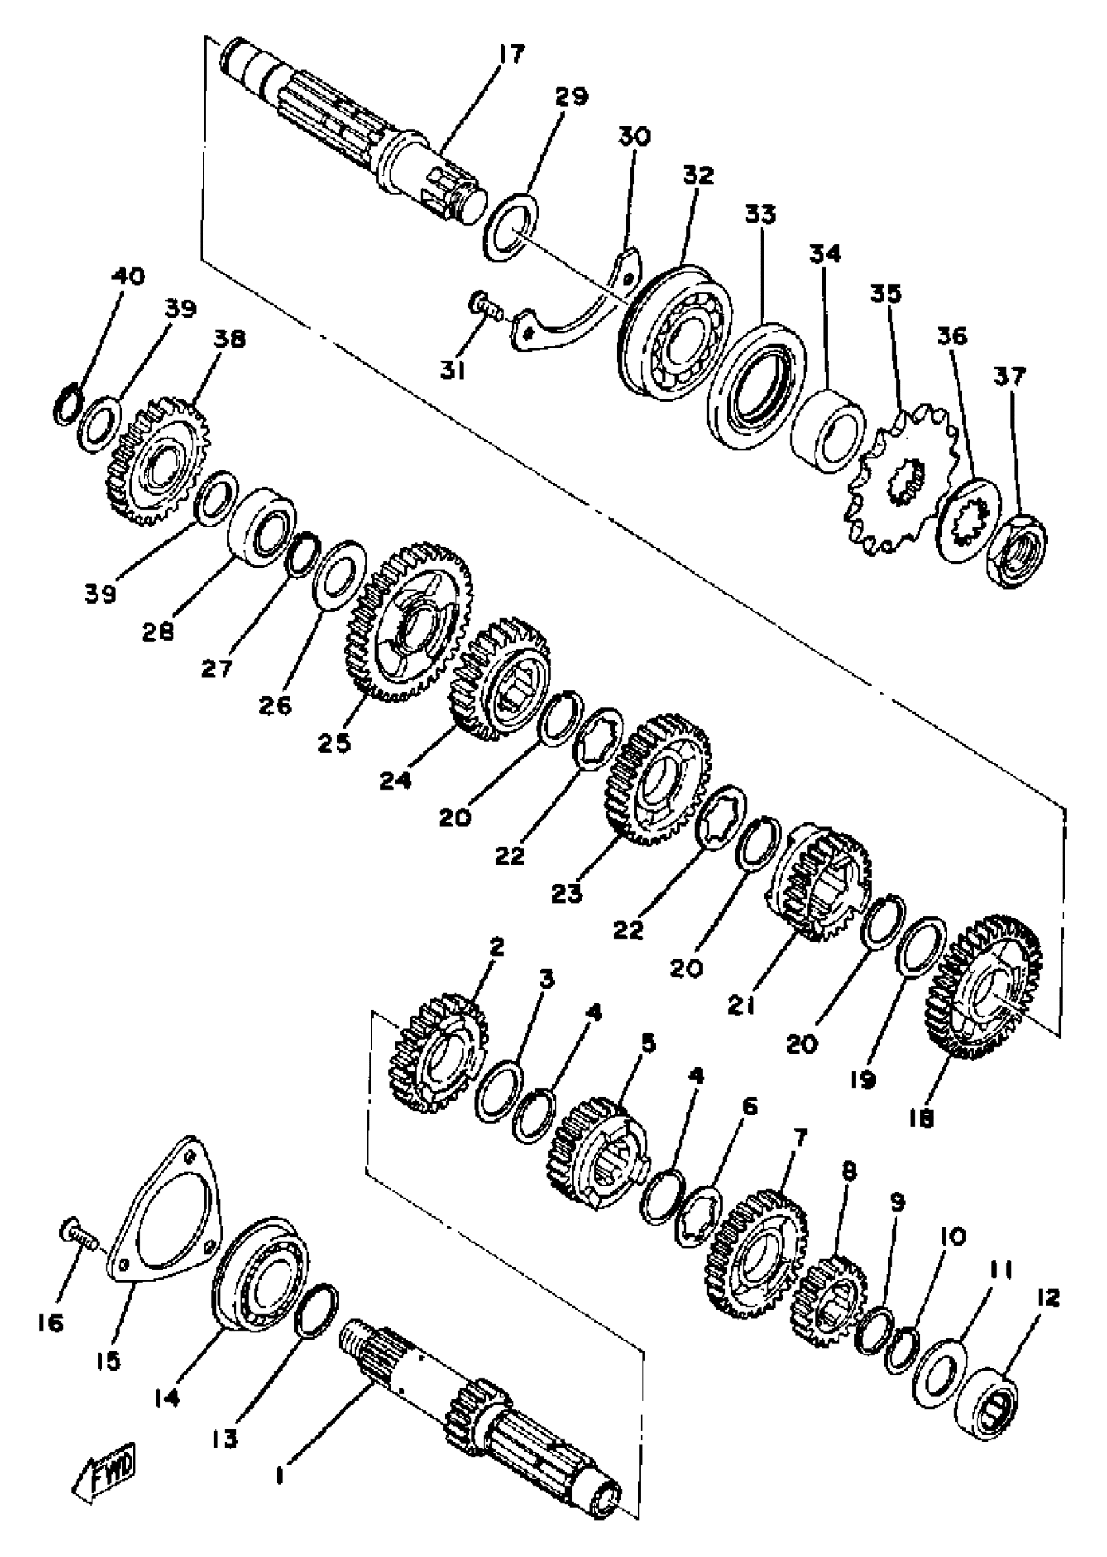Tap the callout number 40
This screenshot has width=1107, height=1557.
[128, 277]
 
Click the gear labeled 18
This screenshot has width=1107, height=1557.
[986, 996]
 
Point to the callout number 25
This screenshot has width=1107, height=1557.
[334, 742]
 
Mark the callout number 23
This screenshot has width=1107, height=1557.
[567, 893]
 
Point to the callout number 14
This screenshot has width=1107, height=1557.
[167, 1398]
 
